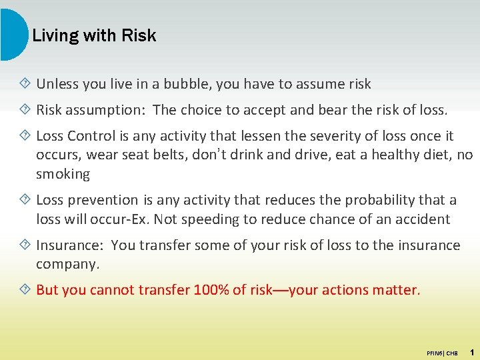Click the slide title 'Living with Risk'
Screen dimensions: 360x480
94,35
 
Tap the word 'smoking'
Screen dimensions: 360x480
63,174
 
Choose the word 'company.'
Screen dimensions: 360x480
67,264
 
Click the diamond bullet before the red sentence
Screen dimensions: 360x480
25,290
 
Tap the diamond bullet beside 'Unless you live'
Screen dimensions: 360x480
25,84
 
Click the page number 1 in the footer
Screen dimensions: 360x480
471,351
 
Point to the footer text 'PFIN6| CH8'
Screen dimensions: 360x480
442,352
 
